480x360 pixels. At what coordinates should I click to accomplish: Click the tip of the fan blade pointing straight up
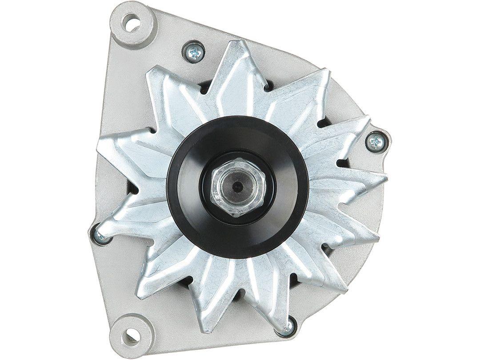[x=238, y=44]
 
